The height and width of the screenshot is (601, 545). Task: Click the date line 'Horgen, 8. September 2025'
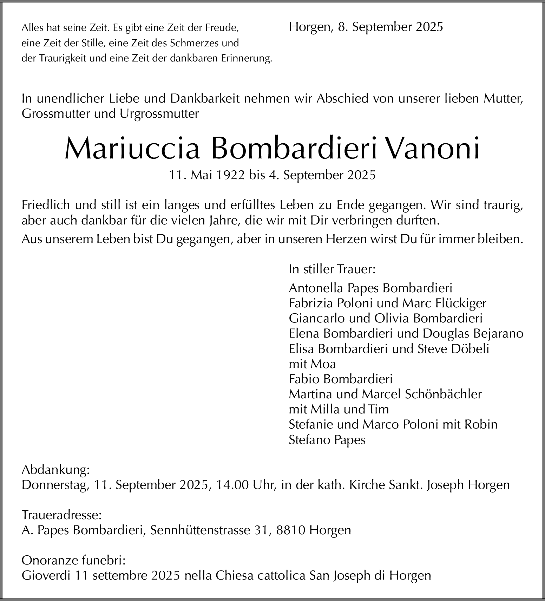pos(366,27)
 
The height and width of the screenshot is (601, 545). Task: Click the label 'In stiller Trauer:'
pos(332,269)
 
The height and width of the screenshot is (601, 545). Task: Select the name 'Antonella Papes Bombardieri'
pos(370,288)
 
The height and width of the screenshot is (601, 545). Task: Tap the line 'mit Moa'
pos(312,364)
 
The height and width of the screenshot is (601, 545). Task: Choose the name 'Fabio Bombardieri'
pos(340,379)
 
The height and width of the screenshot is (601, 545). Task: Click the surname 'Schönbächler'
pos(443,394)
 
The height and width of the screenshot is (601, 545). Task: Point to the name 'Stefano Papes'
pos(327,440)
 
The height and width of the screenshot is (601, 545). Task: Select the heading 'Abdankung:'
pos(55,470)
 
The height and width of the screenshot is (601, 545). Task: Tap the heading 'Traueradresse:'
pos(61,515)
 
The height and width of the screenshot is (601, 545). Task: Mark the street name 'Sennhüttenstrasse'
pos(199,530)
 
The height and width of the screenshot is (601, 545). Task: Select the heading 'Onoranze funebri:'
pos(73,560)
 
